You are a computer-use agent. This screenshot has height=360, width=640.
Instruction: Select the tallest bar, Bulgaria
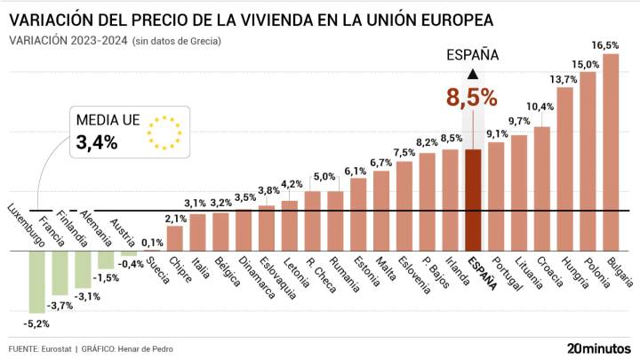click(611, 151)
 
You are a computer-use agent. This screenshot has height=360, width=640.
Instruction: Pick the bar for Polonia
click(588, 160)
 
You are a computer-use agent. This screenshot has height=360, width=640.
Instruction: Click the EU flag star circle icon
click(165, 131)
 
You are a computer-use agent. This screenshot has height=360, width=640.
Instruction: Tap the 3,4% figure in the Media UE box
click(97, 142)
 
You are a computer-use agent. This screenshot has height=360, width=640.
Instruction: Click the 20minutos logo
click(598, 348)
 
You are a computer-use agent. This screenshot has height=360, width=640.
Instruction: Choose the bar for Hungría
click(564, 169)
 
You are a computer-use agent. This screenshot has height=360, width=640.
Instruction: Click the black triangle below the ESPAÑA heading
click(472, 75)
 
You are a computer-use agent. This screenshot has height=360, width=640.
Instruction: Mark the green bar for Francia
click(60, 271)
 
